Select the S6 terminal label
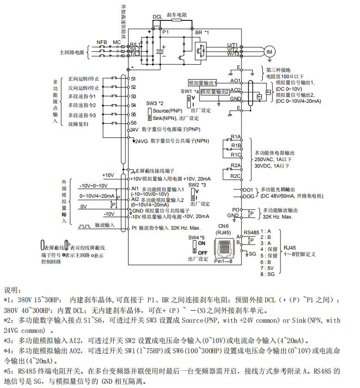(133, 123)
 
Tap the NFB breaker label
(102, 42)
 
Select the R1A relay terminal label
(236, 138)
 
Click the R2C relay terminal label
(236, 176)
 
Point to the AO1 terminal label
(236, 81)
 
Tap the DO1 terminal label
(248, 190)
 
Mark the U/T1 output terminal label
(232, 45)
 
